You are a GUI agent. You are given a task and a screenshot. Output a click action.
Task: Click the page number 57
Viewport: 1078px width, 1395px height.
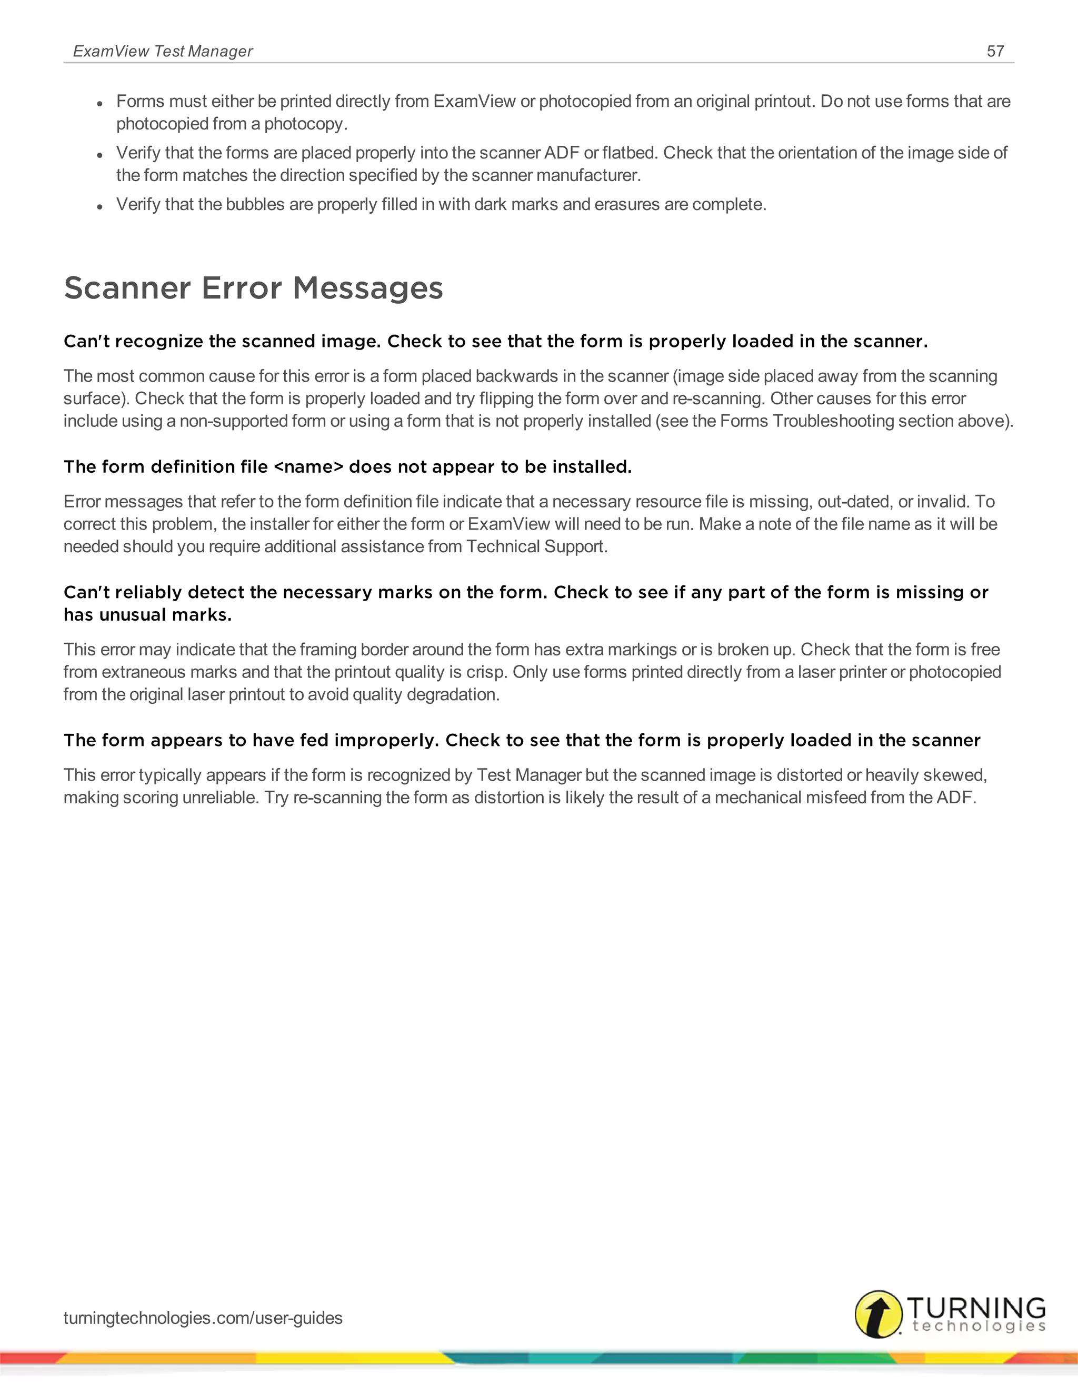995,51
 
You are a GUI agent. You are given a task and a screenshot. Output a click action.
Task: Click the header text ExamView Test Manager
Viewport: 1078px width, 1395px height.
163,51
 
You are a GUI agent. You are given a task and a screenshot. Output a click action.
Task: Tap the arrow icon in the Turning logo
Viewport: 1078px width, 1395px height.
879,1314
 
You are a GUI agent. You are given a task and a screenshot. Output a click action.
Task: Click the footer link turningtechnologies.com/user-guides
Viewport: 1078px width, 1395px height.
203,1318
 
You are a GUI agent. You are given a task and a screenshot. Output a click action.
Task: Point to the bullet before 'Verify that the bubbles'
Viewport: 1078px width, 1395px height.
99,206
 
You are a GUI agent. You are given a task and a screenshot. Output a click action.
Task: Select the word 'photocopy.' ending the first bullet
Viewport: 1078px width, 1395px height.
306,124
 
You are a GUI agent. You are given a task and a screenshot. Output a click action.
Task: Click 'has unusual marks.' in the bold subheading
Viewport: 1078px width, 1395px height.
147,615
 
